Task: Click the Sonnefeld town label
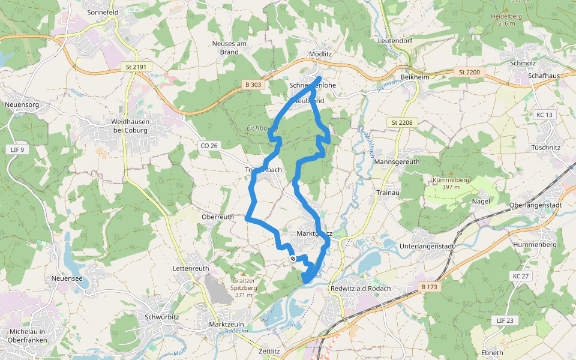(103, 11)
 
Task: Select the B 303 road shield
(253, 85)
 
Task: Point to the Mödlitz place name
(320, 53)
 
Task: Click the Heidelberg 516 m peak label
(507, 20)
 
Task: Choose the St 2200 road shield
(469, 72)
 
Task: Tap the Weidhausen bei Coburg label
(134, 125)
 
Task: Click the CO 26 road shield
(208, 145)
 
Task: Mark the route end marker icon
(293, 259)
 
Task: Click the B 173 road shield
(430, 287)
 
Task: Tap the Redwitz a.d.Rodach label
(361, 289)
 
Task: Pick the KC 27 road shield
(521, 276)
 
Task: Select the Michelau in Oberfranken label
(32, 335)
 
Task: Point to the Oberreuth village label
(218, 217)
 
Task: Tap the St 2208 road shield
(402, 123)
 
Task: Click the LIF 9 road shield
(17, 149)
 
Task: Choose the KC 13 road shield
(545, 115)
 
